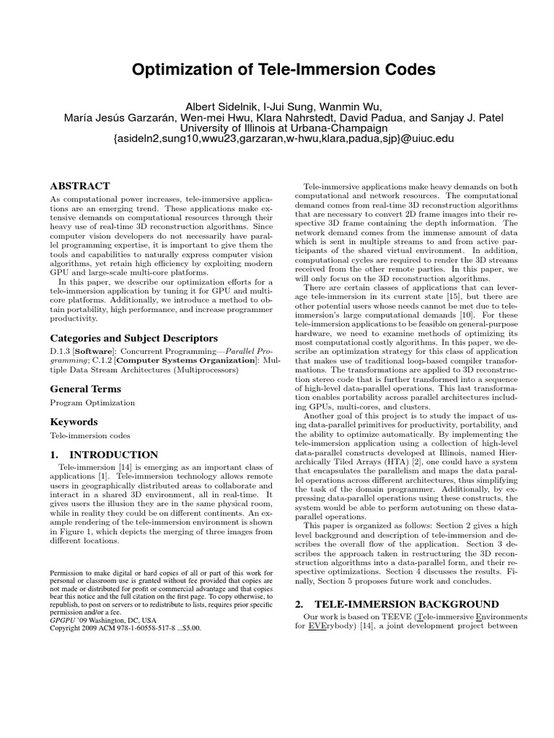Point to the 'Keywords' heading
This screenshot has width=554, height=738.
(x=74, y=422)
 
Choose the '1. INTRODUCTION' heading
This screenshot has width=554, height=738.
(x=104, y=455)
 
